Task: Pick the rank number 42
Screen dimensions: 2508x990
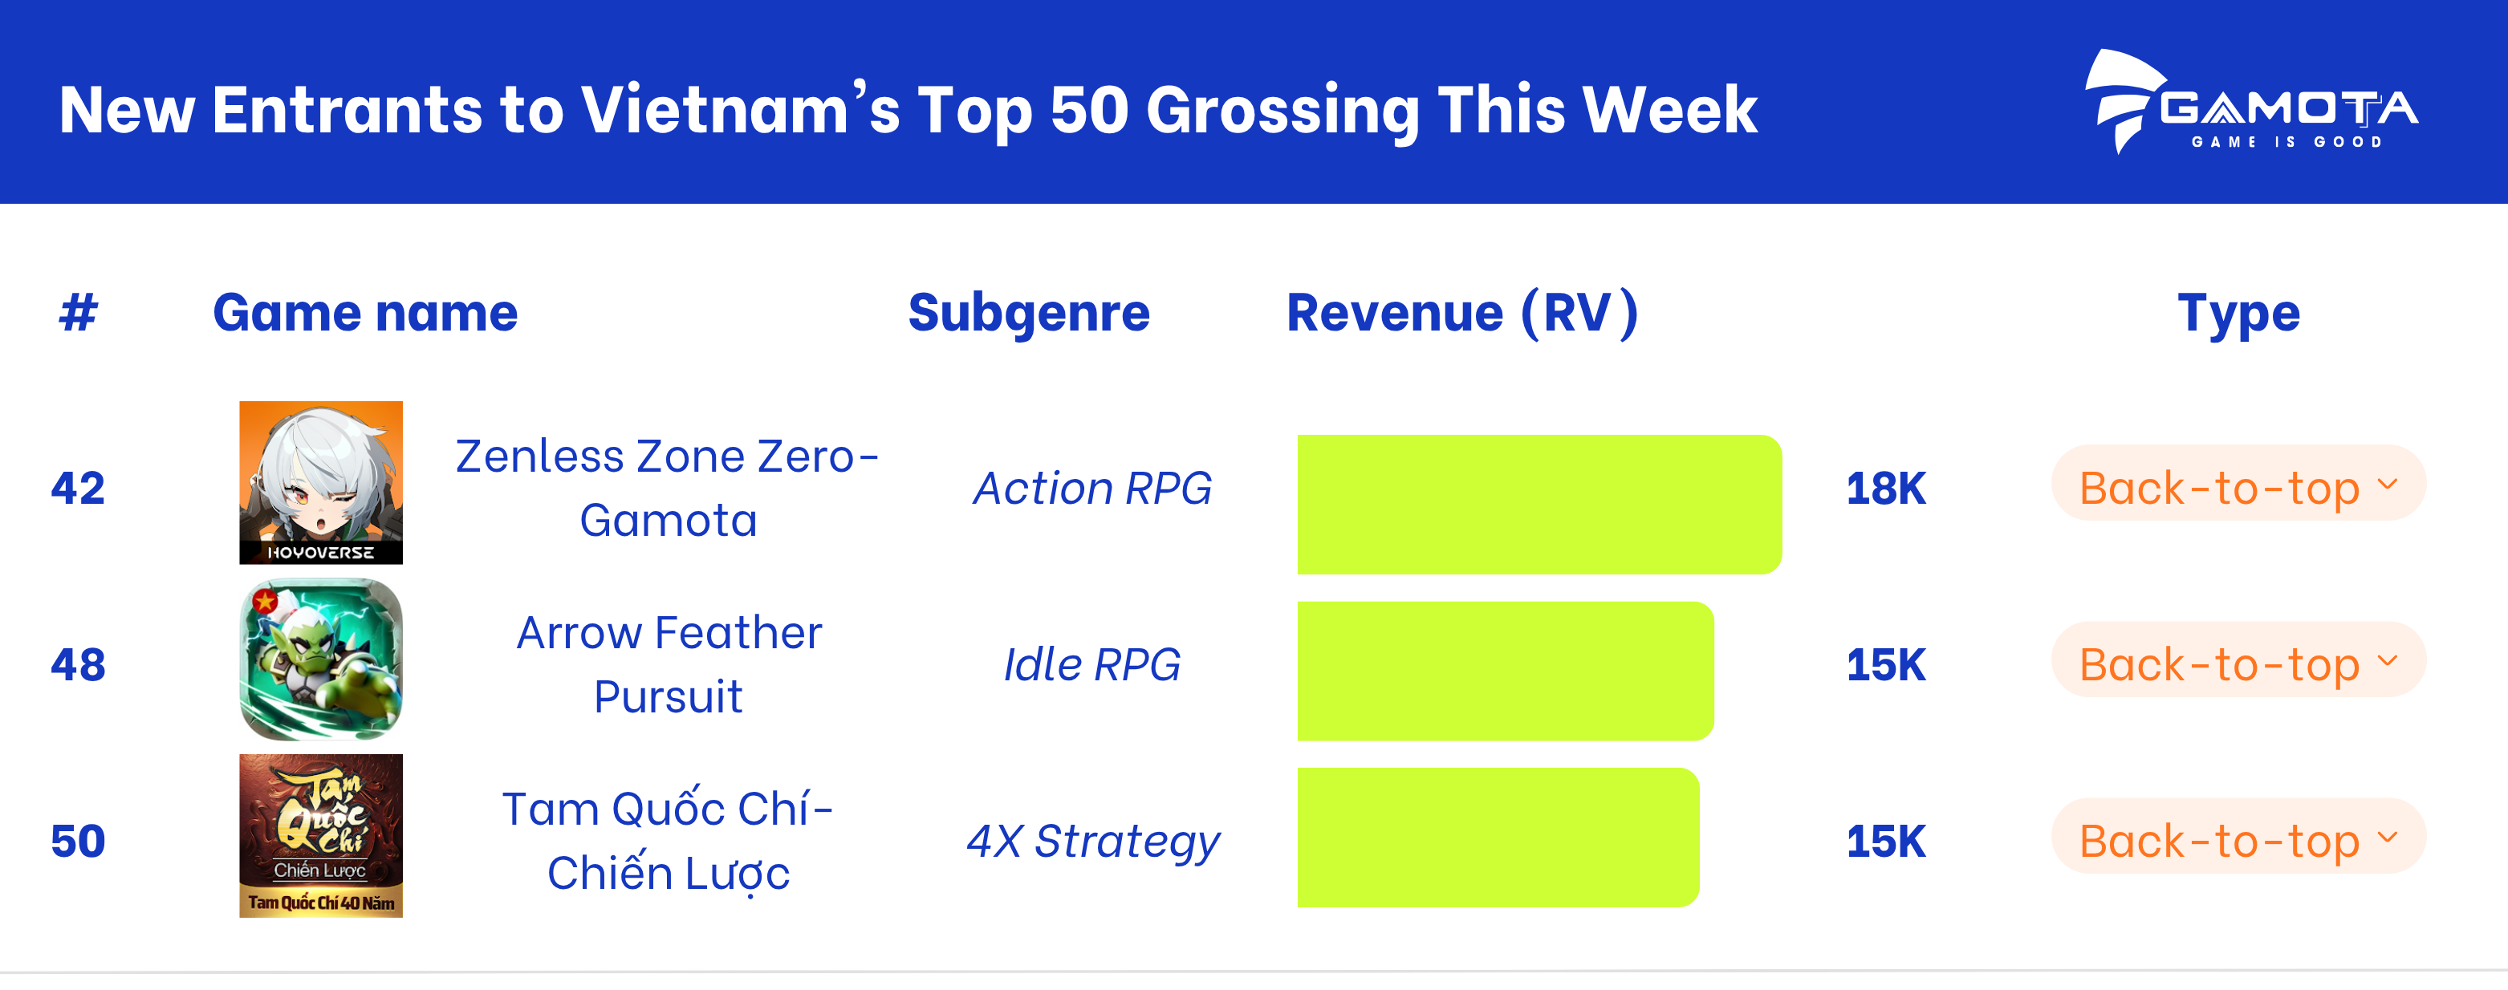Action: tap(78, 489)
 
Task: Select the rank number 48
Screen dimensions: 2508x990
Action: tap(78, 665)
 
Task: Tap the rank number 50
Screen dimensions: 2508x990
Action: tap(78, 841)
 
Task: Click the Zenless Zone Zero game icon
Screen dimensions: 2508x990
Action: tap(321, 483)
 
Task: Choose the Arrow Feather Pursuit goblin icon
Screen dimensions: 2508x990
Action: tap(321, 659)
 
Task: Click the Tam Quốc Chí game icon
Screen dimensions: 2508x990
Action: tap(321, 835)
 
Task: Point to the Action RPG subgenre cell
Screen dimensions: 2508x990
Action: tap(1092, 489)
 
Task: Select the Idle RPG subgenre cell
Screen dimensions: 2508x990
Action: tap(1092, 665)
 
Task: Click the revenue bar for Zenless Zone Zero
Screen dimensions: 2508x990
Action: tap(1539, 505)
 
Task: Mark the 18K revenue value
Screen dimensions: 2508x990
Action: tap(1886, 489)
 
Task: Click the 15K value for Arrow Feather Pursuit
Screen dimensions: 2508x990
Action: tap(1886, 665)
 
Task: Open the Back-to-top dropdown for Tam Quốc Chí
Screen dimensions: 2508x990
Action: tap(2238, 836)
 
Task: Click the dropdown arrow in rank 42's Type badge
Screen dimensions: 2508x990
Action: tap(2388, 484)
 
